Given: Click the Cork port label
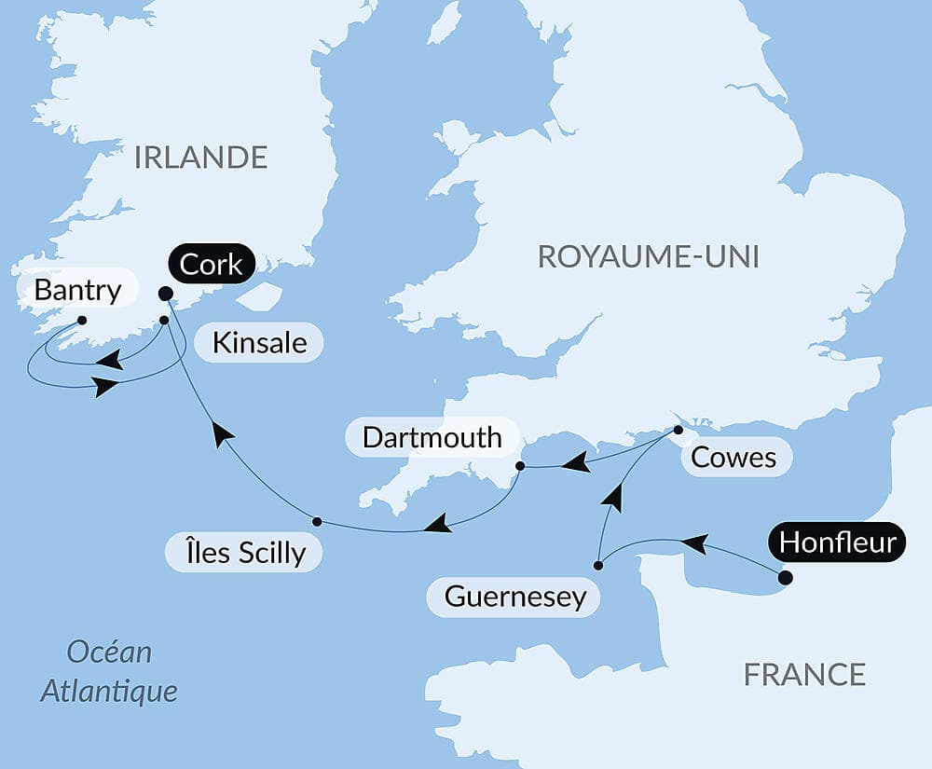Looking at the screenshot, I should pyautogui.click(x=212, y=265).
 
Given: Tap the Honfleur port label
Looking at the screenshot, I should pyautogui.click(x=836, y=542).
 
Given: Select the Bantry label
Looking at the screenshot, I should pyautogui.click(x=77, y=290).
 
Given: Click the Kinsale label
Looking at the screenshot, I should pyautogui.click(x=259, y=342).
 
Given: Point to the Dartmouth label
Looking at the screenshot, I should pyautogui.click(x=432, y=437).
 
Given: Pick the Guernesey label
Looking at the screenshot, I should pyautogui.click(x=515, y=597).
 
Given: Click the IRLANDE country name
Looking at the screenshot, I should pyautogui.click(x=200, y=158).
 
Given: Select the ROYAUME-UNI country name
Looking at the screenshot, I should pyautogui.click(x=649, y=256).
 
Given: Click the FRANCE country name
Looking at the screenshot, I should pyautogui.click(x=804, y=674).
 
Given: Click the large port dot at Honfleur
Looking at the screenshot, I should pyautogui.click(x=785, y=578).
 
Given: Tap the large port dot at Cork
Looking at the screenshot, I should pyautogui.click(x=165, y=294).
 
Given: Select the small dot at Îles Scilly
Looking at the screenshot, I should pyautogui.click(x=317, y=521).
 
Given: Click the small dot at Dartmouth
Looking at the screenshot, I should pyautogui.click(x=521, y=465).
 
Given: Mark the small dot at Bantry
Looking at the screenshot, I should pyautogui.click(x=82, y=321).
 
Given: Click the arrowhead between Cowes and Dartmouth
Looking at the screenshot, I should pyautogui.click(x=579, y=461).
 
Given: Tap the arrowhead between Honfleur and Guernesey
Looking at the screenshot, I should pyautogui.click(x=693, y=542).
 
